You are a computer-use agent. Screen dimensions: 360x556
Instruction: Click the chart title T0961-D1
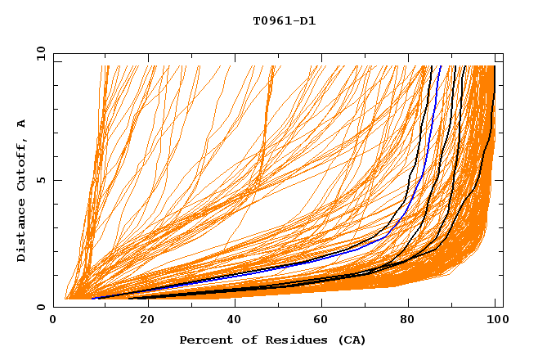284,21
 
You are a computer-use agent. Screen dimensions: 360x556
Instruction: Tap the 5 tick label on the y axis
40,180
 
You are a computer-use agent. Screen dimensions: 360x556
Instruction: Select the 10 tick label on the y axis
40,53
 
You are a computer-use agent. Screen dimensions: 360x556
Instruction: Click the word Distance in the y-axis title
22,232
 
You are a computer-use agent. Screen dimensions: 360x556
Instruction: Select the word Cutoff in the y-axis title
22,164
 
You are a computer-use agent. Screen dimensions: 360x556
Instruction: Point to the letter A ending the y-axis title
22,123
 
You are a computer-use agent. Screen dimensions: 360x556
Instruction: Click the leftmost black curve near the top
428,82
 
